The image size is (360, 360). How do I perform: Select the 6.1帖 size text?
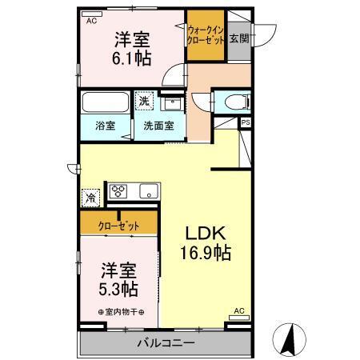134,58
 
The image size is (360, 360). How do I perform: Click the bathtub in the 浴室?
104,104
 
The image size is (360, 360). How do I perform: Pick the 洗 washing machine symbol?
143,102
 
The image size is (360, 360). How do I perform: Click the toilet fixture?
233,102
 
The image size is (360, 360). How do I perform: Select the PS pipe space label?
245,122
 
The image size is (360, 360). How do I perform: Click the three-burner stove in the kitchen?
119,191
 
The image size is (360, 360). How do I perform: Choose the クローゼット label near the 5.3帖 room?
118,226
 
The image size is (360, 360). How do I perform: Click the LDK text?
205,233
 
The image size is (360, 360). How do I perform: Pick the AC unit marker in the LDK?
238,310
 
